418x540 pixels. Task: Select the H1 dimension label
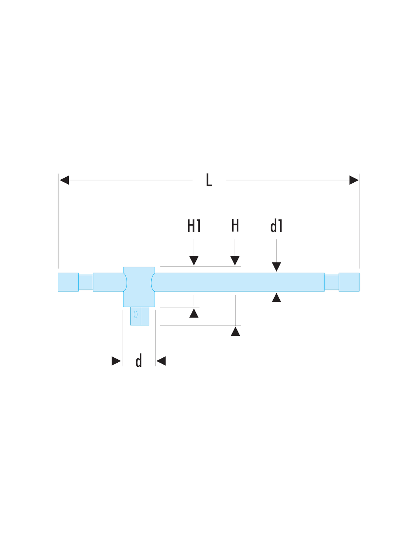(194, 226)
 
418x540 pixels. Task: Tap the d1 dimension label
(276, 226)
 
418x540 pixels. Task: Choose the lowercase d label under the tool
(139, 360)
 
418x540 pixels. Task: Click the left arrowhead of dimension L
(64, 180)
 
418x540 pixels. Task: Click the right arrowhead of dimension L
(354, 180)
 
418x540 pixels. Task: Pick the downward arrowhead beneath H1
(194, 261)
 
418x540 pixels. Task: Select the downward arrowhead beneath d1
(276, 267)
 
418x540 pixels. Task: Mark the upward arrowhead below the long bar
(276, 297)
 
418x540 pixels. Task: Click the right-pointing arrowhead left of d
(116, 361)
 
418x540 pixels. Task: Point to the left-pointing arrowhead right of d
(161, 361)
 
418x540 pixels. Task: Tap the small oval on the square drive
(136, 314)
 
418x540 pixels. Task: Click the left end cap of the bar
(68, 282)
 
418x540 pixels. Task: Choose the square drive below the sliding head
(140, 316)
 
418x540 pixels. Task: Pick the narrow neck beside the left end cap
(86, 282)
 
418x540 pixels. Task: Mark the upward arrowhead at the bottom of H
(235, 331)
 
